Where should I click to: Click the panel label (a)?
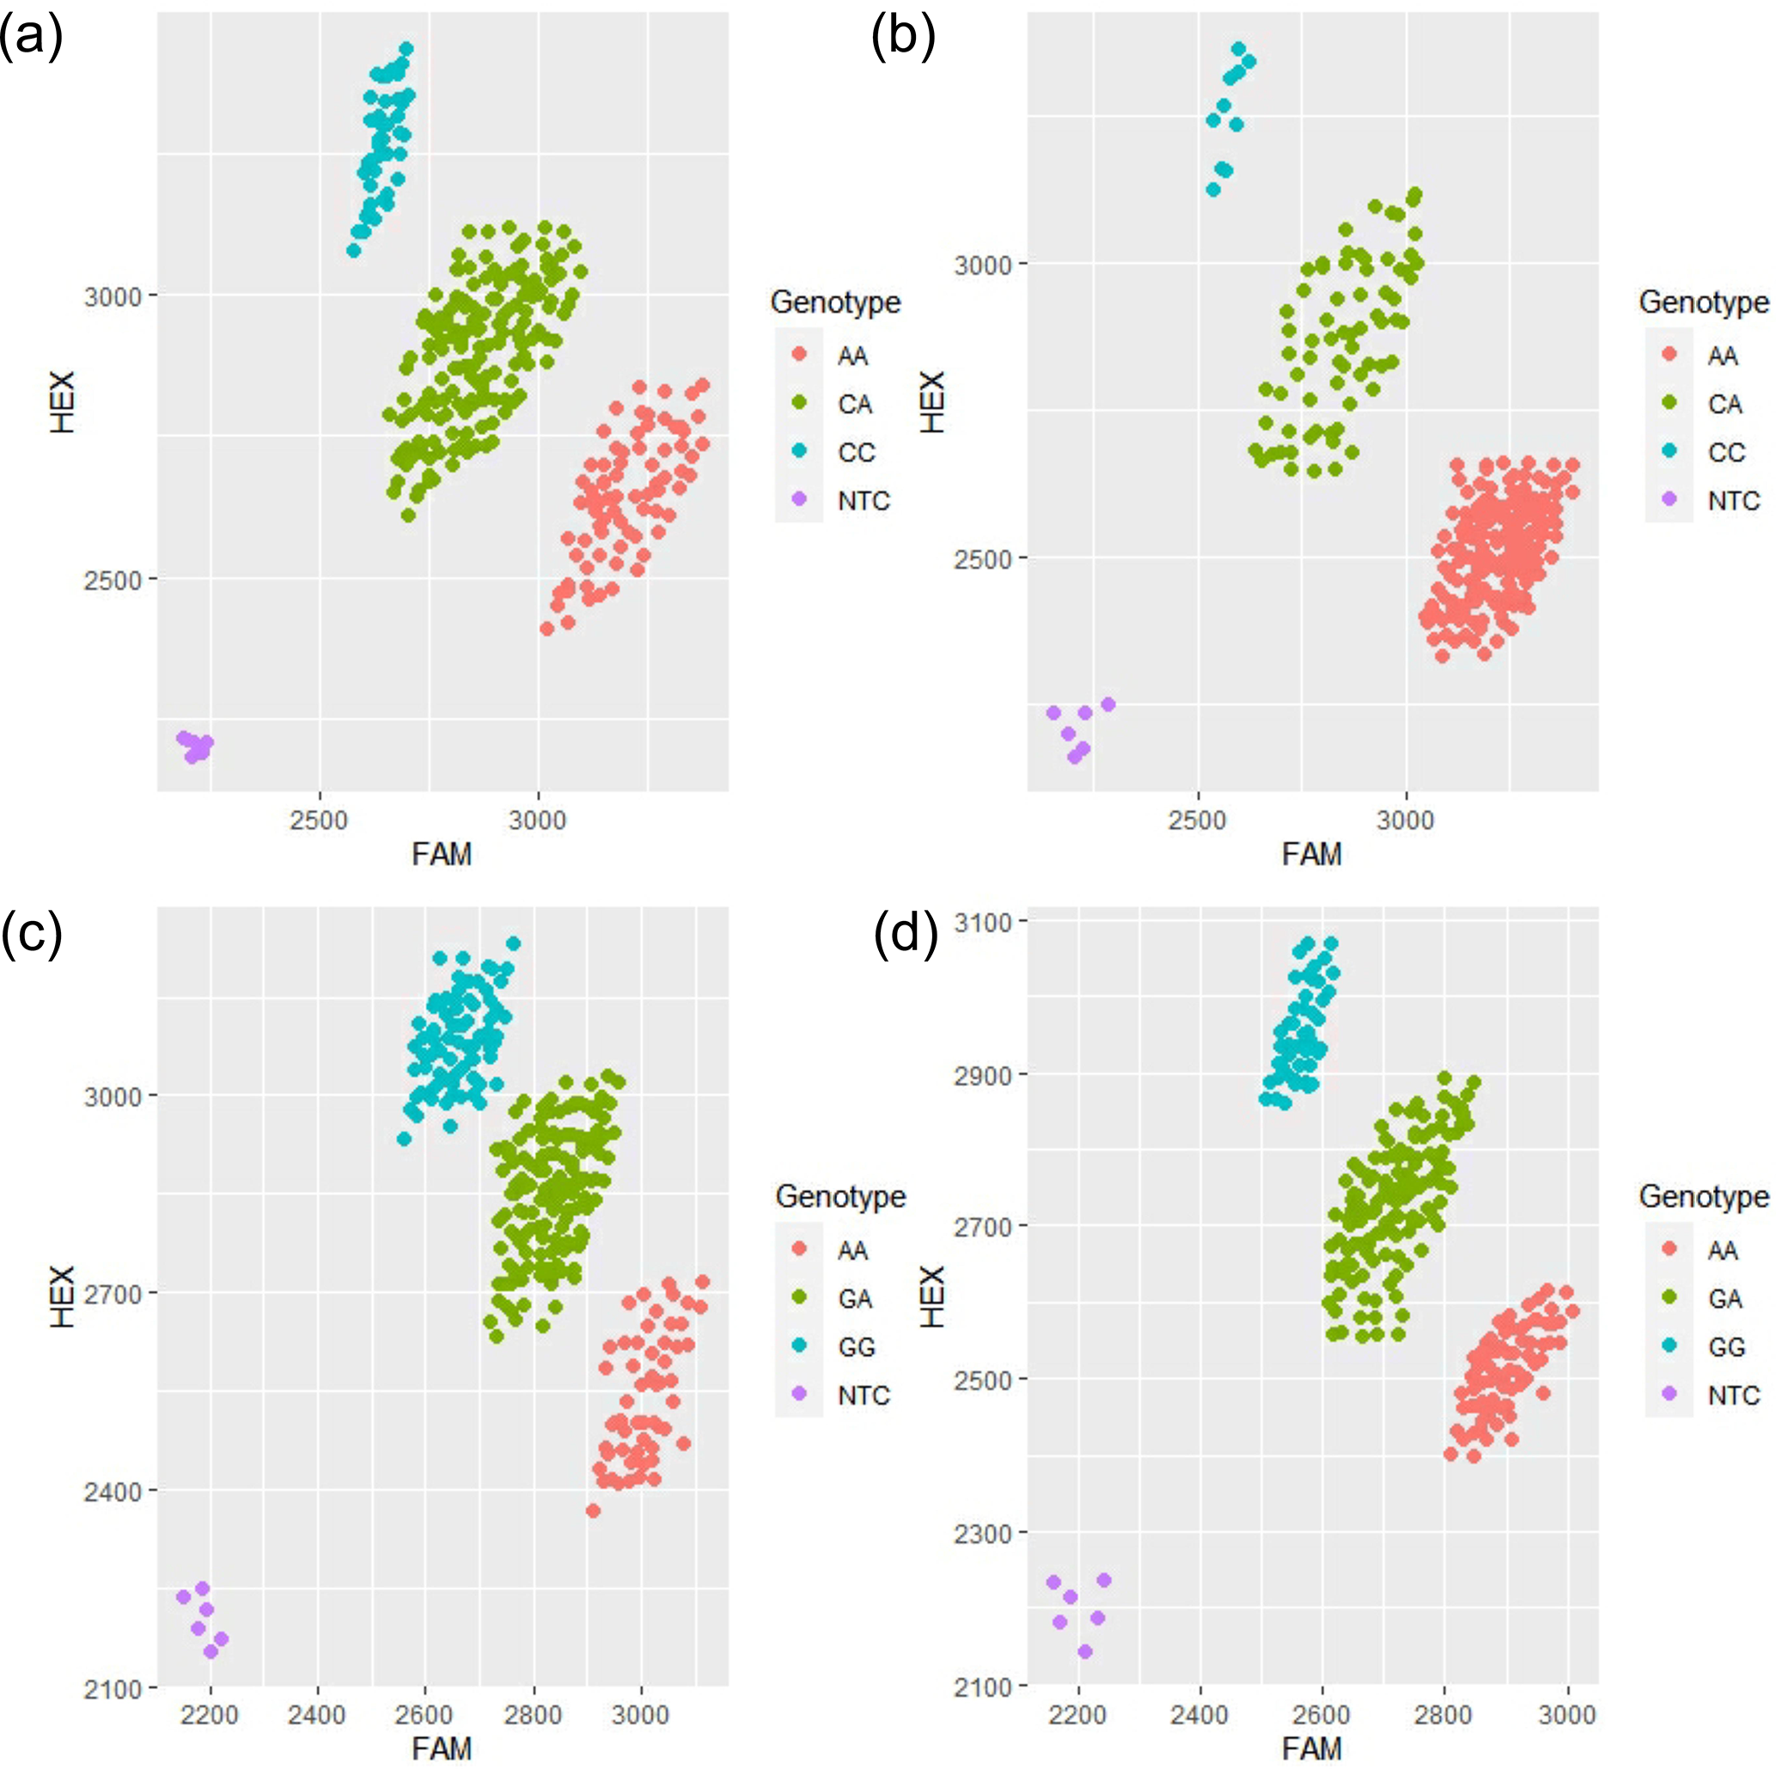point(30,40)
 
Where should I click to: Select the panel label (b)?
point(903,40)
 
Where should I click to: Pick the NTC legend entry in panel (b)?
point(1733,501)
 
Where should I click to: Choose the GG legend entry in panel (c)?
point(856,1347)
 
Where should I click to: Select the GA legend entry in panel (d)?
point(1725,1298)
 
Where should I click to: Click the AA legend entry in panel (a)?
point(852,355)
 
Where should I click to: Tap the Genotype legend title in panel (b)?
point(1703,302)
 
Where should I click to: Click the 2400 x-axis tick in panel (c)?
point(317,1715)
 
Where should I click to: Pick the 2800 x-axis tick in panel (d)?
point(1444,1715)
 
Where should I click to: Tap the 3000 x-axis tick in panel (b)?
point(1405,820)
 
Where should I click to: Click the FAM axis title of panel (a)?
point(442,855)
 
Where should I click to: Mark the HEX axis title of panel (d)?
point(933,1296)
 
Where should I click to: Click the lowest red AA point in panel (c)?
point(593,1510)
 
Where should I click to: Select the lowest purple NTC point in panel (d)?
point(1084,1651)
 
